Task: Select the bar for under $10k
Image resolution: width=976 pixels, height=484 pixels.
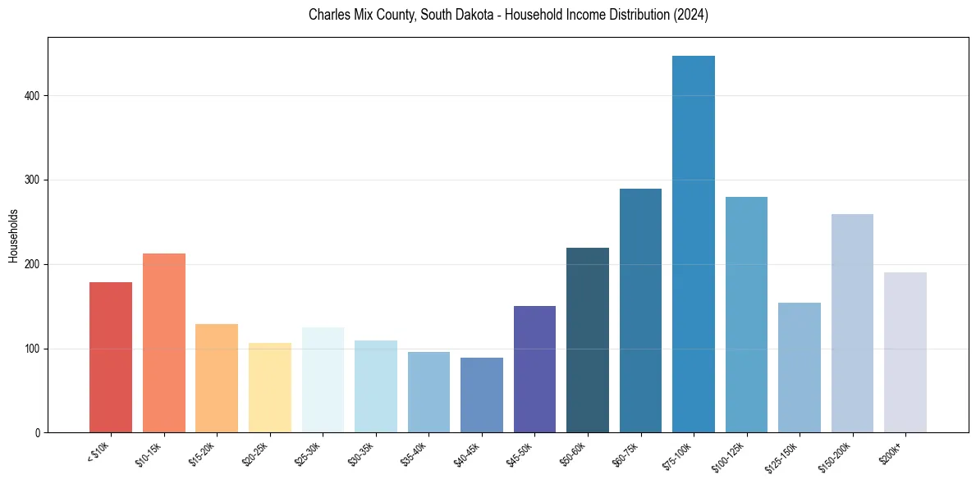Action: coord(111,358)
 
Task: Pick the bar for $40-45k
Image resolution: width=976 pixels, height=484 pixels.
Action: coord(482,395)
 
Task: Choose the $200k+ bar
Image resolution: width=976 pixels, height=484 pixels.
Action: coord(905,353)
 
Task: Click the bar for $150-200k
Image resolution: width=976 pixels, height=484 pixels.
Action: coord(852,323)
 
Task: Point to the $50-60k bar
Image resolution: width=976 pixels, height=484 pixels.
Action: coord(588,340)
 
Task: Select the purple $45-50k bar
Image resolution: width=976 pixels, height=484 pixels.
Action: coord(534,369)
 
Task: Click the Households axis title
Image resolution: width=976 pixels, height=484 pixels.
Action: coord(13,235)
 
